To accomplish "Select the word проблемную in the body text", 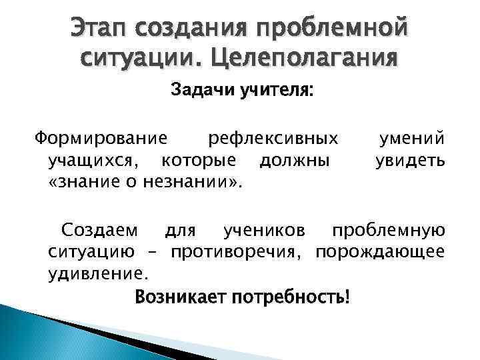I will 388,231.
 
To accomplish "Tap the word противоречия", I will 239,252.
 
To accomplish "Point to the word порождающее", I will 380,252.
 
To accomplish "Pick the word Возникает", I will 179,295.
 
